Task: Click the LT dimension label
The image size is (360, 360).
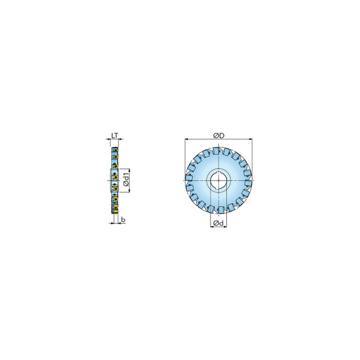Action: (115, 136)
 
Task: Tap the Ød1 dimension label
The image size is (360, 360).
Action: (126, 180)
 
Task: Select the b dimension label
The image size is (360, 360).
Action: (123, 220)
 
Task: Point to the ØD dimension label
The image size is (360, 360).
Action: (219, 136)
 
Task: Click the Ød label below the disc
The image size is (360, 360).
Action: (218, 223)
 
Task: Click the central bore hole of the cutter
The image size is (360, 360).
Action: (219, 180)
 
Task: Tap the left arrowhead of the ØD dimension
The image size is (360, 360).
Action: (186, 139)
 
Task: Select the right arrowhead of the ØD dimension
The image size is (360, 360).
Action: (251, 139)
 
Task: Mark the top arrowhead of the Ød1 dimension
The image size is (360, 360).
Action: (130, 170)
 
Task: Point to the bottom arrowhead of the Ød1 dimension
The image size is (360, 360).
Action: (130, 191)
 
